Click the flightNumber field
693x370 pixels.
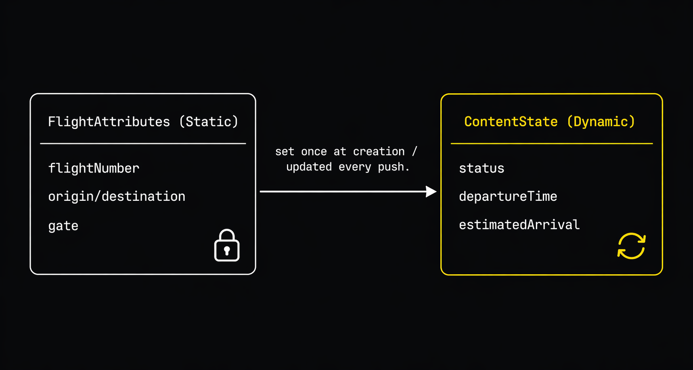coord(94,168)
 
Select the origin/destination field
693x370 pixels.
coord(117,196)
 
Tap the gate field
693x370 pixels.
coord(63,225)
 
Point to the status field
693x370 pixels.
coord(482,168)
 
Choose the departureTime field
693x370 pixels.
coord(508,196)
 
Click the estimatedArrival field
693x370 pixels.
coord(519,225)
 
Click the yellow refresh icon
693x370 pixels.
coord(631,246)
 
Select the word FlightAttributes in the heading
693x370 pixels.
coord(109,122)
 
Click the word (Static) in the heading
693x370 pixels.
coord(209,122)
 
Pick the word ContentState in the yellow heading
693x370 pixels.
coord(511,122)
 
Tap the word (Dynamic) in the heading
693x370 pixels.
coord(601,122)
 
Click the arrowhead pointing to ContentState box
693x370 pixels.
coord(431,191)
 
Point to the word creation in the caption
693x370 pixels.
coord(379,151)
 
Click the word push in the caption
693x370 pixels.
coord(391,167)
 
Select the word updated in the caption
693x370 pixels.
coord(309,167)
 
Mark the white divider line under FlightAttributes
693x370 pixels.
coord(143,143)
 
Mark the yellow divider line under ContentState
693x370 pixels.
coord(551,143)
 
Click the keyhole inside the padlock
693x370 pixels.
coord(227,250)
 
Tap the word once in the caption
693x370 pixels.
coord(314,151)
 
